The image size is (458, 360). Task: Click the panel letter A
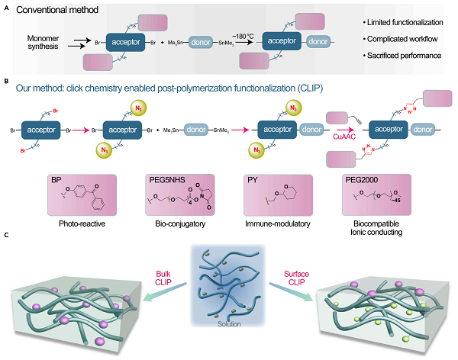(x=7, y=8)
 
